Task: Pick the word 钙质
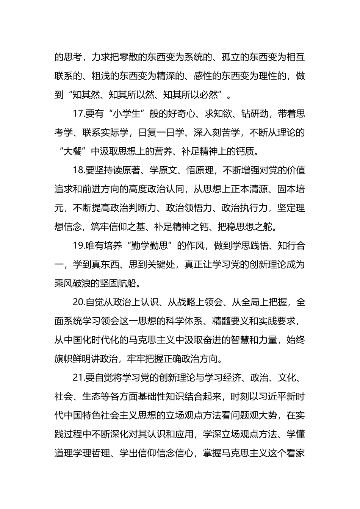(x=250, y=151)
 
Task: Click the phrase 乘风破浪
(x=73, y=284)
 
